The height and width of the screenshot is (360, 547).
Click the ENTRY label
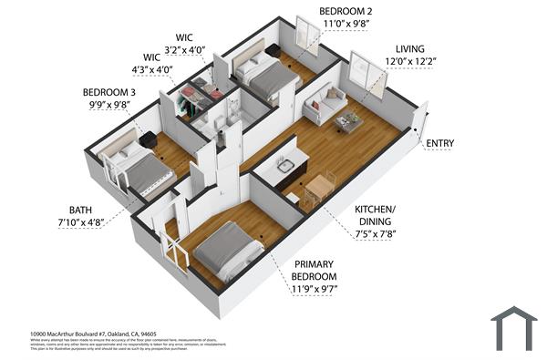[440, 144]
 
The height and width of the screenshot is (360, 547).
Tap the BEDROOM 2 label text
[345, 11]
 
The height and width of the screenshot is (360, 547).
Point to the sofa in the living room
[325, 104]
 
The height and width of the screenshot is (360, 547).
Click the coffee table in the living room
[348, 121]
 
